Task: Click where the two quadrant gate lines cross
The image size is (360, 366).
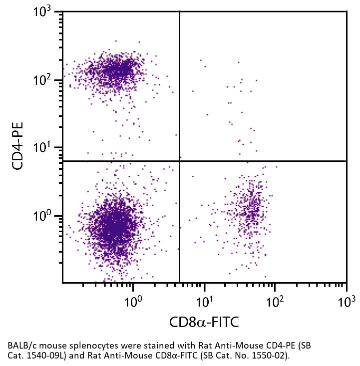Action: [x=179, y=161]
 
